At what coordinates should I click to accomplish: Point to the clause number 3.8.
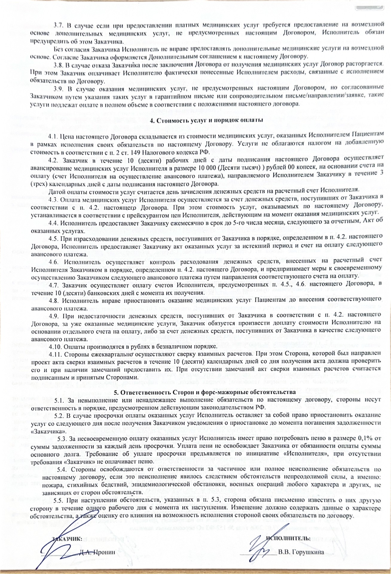tap(58, 65)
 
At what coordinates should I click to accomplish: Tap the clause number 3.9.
tap(58, 89)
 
